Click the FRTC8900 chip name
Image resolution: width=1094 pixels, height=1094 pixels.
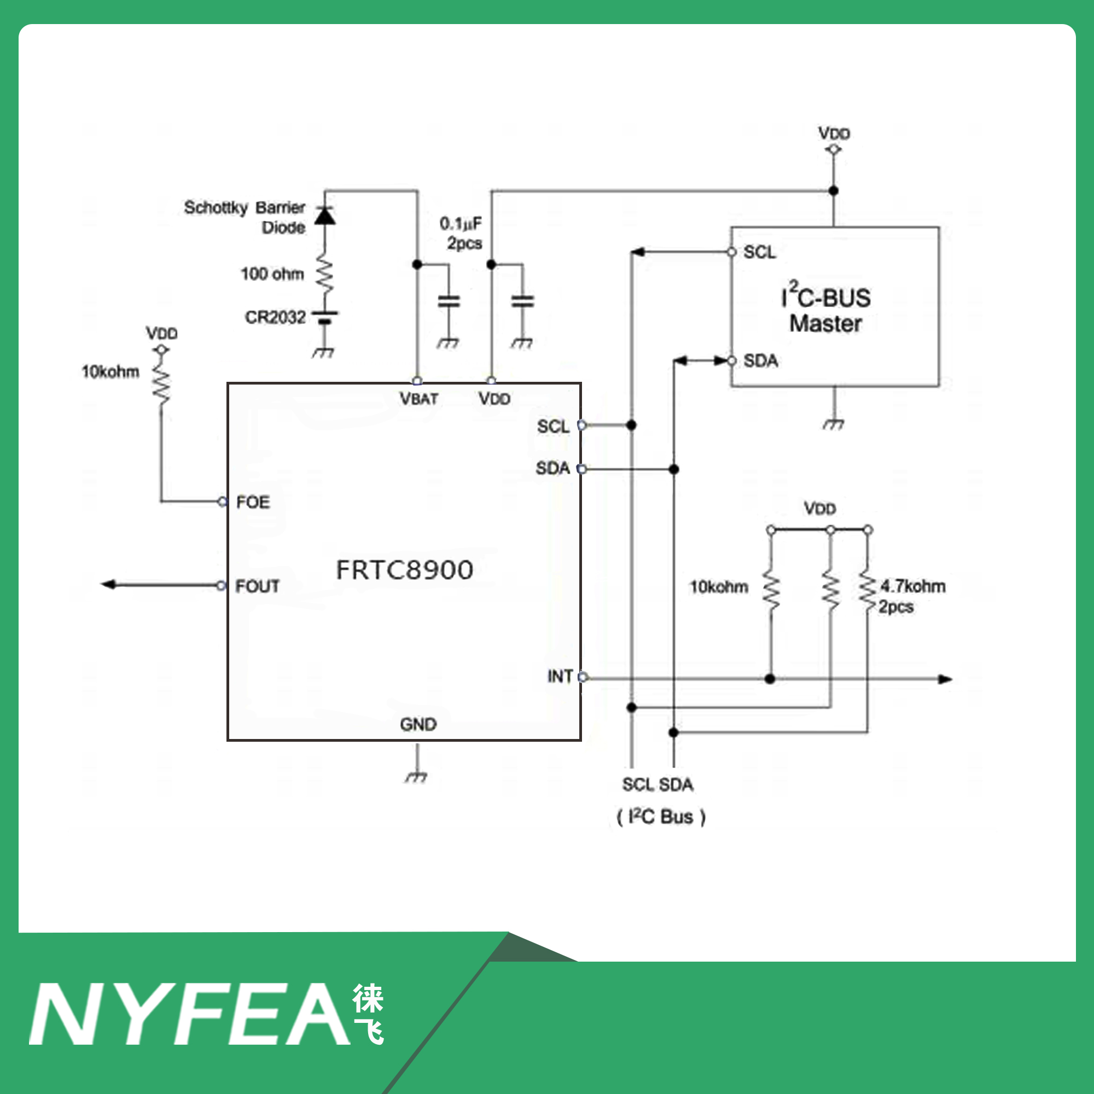(404, 569)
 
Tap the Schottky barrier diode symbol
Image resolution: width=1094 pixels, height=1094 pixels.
(324, 216)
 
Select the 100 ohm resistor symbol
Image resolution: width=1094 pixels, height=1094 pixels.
(324, 275)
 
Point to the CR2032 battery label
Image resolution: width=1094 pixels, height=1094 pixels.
(275, 317)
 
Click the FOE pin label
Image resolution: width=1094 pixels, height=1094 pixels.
(253, 502)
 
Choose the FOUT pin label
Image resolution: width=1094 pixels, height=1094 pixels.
(257, 586)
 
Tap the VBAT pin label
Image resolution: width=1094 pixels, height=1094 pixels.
(418, 399)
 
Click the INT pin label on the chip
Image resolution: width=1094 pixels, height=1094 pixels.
(560, 676)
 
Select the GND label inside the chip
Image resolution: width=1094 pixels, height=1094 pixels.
(418, 724)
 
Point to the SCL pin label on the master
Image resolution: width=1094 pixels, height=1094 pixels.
(759, 252)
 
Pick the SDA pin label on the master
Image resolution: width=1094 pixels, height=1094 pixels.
(760, 360)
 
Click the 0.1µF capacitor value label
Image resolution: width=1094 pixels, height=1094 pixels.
(461, 224)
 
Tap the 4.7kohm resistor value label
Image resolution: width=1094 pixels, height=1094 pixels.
(913, 586)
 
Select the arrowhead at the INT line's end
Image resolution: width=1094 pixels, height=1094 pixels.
(945, 679)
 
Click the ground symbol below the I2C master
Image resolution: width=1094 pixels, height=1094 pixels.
(834, 424)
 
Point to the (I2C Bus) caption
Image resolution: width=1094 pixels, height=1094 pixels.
(661, 817)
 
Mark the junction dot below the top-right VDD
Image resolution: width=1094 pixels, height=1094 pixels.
(834, 191)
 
